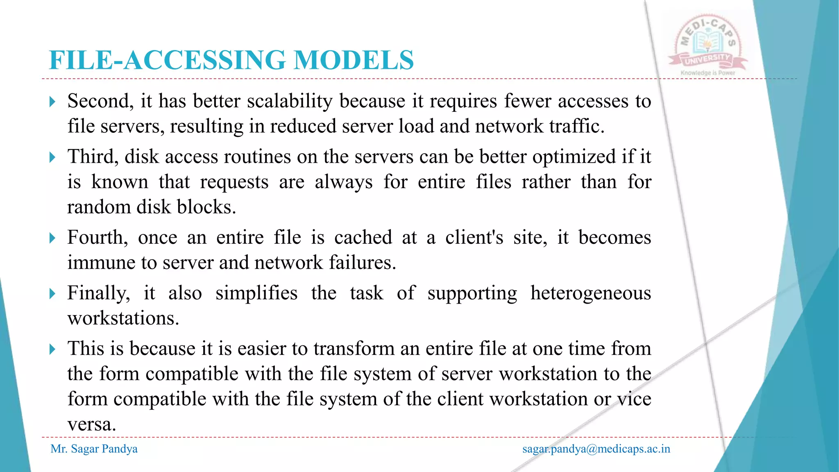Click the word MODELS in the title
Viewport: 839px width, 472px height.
(x=354, y=60)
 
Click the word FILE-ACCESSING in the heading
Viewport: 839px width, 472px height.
(x=167, y=60)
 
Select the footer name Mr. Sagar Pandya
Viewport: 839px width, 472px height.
(x=94, y=449)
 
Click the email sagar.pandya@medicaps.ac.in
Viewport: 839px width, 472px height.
(x=596, y=449)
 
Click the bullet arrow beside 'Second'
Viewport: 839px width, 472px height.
(x=52, y=102)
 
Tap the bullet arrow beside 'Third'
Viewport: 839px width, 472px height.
(x=52, y=157)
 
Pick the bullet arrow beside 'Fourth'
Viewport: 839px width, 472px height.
(x=52, y=238)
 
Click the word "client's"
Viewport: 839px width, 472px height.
(x=474, y=238)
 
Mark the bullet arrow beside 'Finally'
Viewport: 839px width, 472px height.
(x=52, y=294)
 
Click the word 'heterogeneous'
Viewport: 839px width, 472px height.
(x=590, y=293)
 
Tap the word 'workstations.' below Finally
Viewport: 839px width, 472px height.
(x=123, y=318)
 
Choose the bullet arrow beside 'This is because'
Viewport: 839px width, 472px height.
(x=52, y=349)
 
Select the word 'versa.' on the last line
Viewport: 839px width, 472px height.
(x=92, y=424)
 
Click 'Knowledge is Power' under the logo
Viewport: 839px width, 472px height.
(x=708, y=73)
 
